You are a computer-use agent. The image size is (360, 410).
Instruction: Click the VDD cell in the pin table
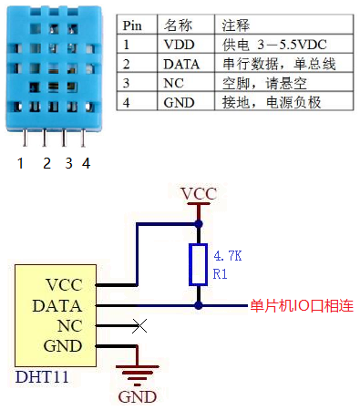179,44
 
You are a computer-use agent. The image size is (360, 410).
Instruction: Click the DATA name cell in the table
181,64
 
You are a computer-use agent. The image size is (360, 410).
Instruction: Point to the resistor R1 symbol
198,264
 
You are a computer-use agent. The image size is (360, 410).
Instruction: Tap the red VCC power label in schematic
198,193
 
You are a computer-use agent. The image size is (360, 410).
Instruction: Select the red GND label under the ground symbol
137,396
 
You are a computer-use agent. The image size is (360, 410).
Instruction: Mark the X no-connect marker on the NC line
138,325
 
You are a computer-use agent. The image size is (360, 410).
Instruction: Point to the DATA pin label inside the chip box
57,306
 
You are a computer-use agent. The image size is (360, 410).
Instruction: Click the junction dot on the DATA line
198,306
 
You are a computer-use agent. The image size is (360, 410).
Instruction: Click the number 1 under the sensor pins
20,164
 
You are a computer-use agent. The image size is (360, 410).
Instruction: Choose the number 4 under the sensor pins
86,164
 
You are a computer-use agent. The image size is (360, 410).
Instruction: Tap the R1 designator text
219,273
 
